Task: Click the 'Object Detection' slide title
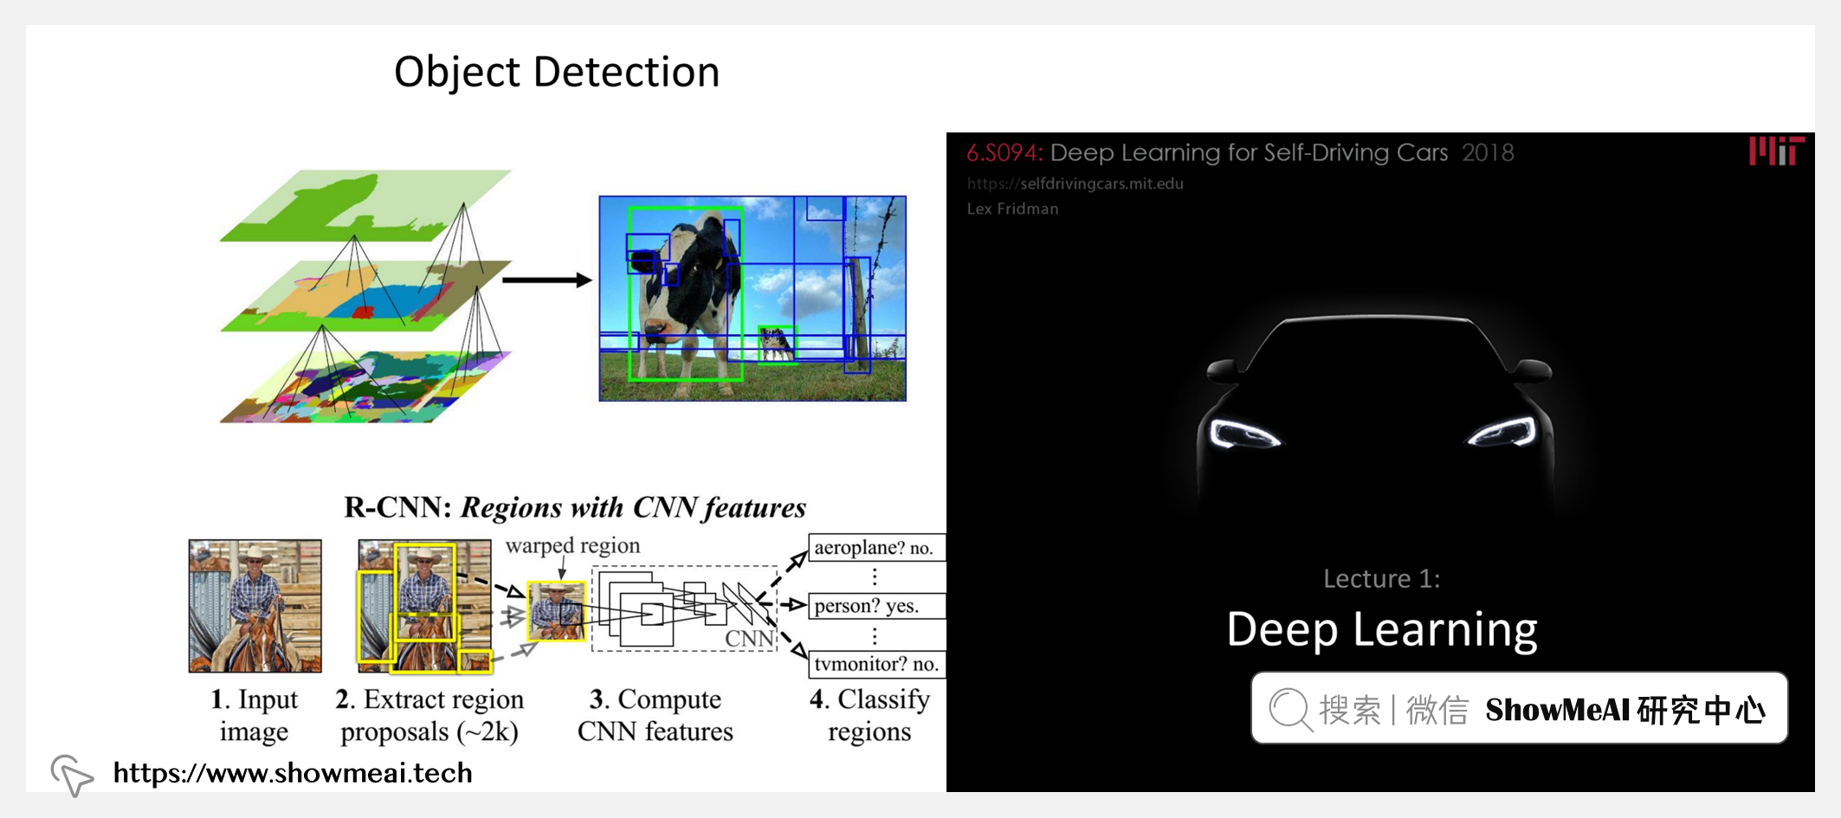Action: (557, 72)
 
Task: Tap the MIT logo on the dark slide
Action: (1776, 151)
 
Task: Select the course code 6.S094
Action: (1004, 153)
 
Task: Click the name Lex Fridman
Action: (1012, 209)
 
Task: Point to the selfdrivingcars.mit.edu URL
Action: (1075, 184)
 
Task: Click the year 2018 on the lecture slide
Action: (1488, 153)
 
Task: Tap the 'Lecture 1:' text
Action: (1381, 578)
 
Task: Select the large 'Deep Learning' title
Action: (1381, 629)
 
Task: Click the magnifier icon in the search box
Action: (1289, 709)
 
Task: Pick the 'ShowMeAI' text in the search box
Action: (1545, 710)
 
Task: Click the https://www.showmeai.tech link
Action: (293, 772)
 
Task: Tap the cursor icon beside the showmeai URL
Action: (72, 774)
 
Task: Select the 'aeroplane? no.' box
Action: (875, 548)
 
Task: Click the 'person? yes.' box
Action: (875, 606)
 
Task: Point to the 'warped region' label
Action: (572, 545)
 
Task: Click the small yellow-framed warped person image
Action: (556, 611)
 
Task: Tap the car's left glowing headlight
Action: (1244, 434)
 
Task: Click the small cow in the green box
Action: (777, 344)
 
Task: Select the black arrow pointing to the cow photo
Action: (546, 280)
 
